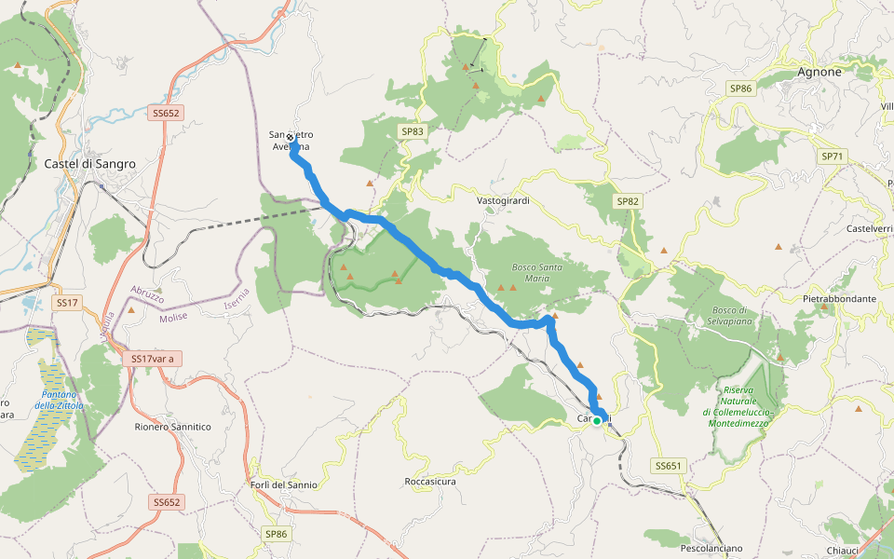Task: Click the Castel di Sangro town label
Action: coord(89,163)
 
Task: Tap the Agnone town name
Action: coord(819,72)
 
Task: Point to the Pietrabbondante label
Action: coord(839,299)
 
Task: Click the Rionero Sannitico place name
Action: coord(172,427)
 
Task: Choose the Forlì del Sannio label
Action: coord(284,484)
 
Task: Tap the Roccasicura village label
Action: coord(430,482)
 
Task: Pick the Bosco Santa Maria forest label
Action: coord(530,273)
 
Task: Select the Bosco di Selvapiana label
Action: coord(731,315)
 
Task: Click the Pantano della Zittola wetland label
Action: coord(60,400)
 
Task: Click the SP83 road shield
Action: coord(413,132)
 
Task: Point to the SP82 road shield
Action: coord(628,201)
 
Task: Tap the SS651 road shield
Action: coord(669,465)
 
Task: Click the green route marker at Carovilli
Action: coord(597,421)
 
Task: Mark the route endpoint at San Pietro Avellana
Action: coord(291,137)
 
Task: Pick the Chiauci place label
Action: coord(843,551)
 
